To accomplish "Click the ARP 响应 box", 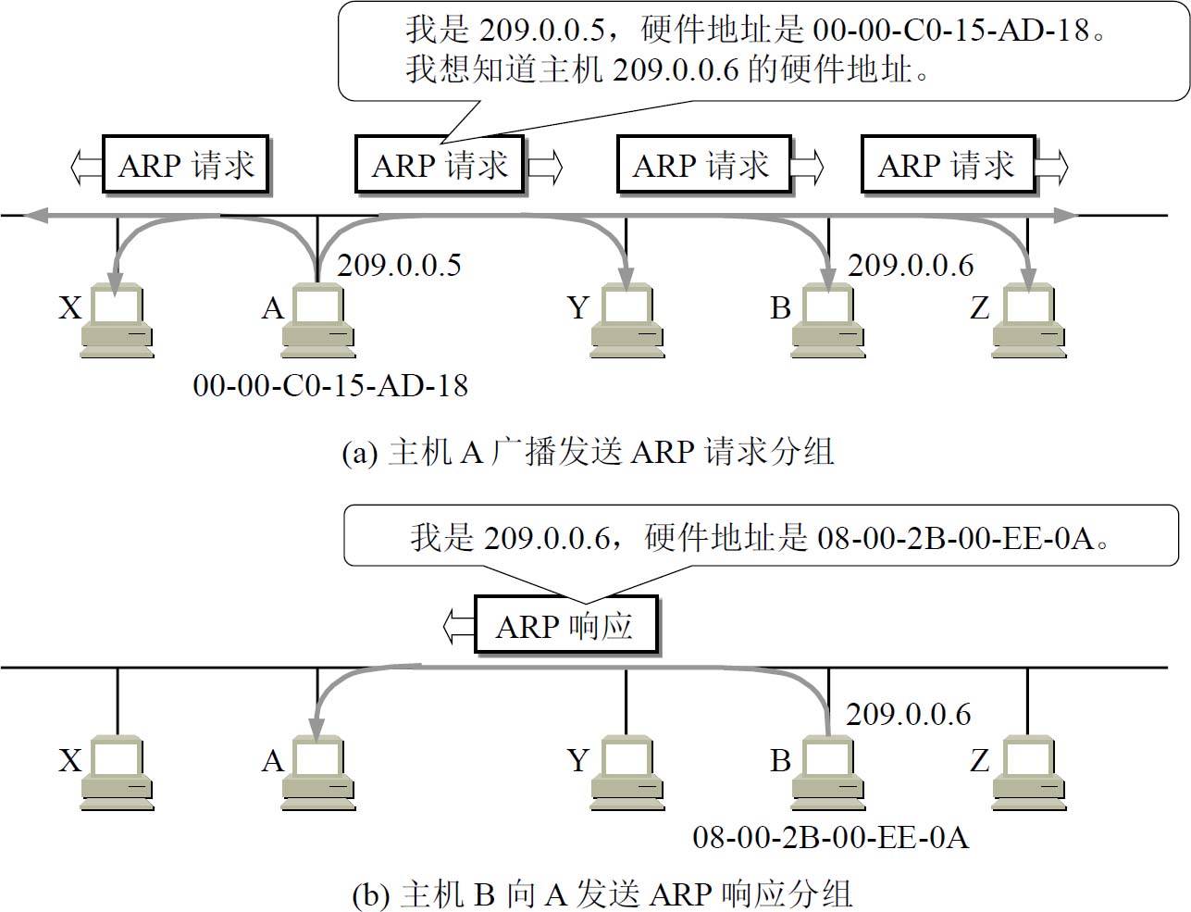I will click(565, 626).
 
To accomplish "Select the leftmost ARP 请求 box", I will click(186, 166).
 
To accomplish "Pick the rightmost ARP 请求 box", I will click(946, 166).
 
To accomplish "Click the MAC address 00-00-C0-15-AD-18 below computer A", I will click(330, 385).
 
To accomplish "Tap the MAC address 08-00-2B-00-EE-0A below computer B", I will click(830, 837).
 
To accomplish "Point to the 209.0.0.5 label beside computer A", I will click(399, 266).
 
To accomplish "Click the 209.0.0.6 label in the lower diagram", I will click(909, 714).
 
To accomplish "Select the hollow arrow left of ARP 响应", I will click(458, 626).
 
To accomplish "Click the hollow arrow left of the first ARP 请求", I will click(86, 166).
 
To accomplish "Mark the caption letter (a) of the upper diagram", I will click(360, 453).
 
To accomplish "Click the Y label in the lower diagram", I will click(578, 761).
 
